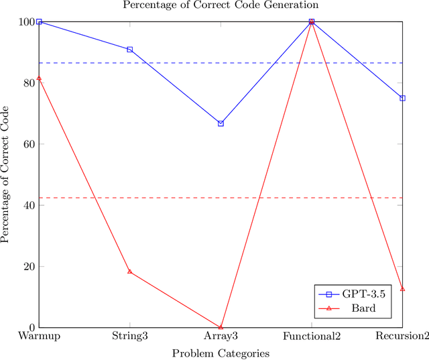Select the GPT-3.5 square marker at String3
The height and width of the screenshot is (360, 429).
pos(129,50)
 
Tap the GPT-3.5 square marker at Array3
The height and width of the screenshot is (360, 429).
pos(221,123)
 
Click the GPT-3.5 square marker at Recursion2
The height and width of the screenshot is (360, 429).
pos(402,98)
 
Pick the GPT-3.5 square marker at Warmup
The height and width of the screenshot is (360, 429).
pos(39,21)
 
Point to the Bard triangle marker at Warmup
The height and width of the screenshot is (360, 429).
pos(39,78)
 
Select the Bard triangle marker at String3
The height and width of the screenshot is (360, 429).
pos(129,272)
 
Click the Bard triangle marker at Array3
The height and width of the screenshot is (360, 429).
pos(221,326)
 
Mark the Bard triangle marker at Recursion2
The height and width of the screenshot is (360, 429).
pos(402,289)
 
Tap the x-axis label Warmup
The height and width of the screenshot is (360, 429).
pos(39,336)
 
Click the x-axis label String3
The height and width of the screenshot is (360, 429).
pos(129,336)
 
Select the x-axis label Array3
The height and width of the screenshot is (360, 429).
pos(221,336)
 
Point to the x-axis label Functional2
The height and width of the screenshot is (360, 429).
pos(312,336)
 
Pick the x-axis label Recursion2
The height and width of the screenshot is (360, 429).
pos(402,336)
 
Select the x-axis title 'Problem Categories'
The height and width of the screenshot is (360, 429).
pos(221,353)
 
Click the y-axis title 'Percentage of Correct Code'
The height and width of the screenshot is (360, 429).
pos(6,174)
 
